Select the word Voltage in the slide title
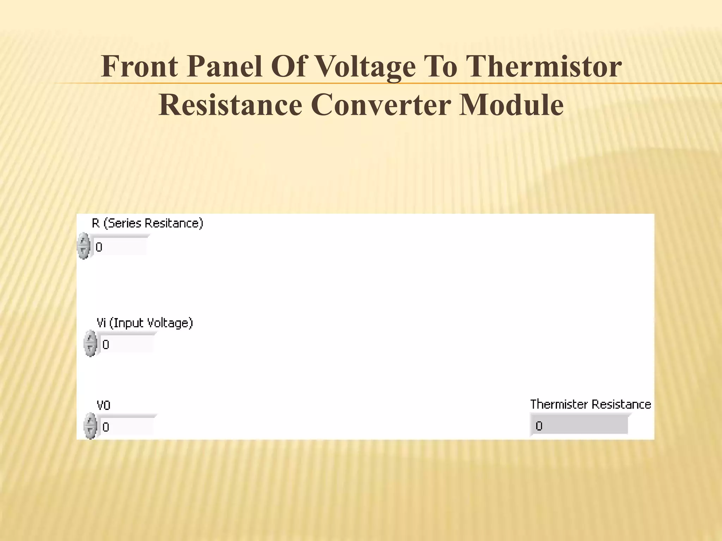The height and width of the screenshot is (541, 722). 365,67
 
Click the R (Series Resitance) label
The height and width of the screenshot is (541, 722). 147,223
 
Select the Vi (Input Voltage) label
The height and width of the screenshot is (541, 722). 145,323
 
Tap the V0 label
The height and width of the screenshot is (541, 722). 104,405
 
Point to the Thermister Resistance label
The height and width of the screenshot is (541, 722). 591,404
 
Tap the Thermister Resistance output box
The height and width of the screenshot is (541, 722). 579,426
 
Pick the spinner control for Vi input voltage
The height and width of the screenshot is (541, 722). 90,343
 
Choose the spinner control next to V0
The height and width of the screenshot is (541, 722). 90,426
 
